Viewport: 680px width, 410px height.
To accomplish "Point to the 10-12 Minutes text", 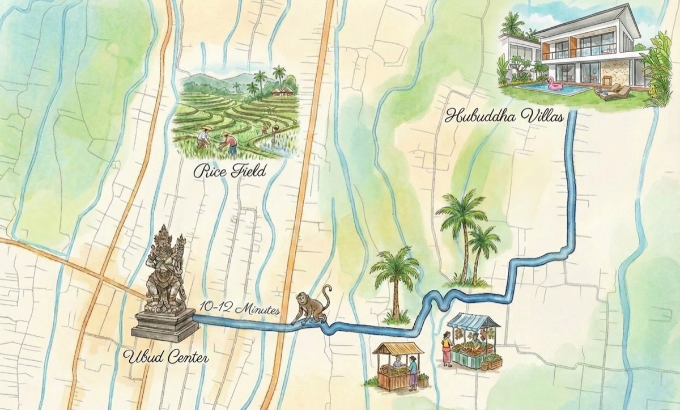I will point(239,310).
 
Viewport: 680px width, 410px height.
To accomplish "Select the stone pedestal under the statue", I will point(165,326).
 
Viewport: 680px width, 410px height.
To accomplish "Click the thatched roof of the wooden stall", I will point(398,348).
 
